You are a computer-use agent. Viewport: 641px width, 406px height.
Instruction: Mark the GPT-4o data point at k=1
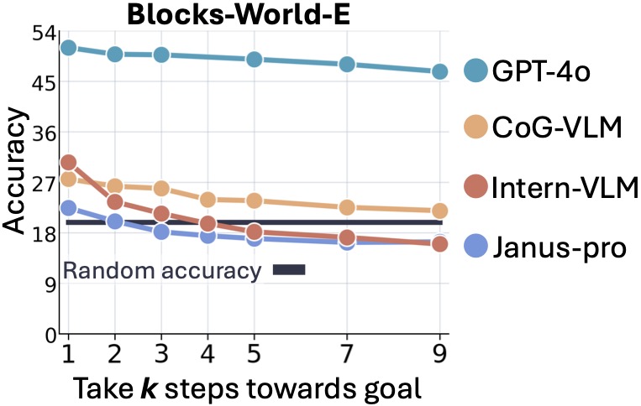pyautogui.click(x=69, y=48)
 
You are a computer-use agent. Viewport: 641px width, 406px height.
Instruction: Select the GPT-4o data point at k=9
pyautogui.click(x=439, y=72)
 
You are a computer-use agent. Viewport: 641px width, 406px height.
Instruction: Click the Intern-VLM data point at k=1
pyautogui.click(x=69, y=163)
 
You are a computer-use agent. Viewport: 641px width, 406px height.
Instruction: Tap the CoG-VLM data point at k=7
pyautogui.click(x=345, y=207)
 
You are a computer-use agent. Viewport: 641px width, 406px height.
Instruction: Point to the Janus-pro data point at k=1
pyautogui.click(x=69, y=208)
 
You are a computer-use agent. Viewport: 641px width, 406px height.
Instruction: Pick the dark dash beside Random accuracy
pyautogui.click(x=289, y=270)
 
